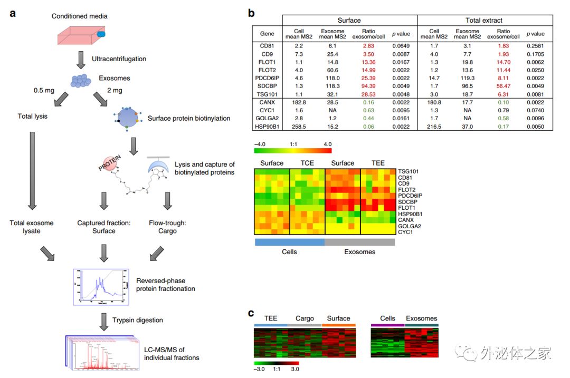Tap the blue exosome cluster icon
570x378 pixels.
coord(81,80)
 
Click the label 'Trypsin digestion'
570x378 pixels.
coord(137,320)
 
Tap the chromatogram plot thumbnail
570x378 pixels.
coord(100,286)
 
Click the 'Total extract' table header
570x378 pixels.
coord(484,20)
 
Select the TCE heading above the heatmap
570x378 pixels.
coord(307,163)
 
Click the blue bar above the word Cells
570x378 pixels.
coord(289,241)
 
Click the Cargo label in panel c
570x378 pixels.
coord(305,318)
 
